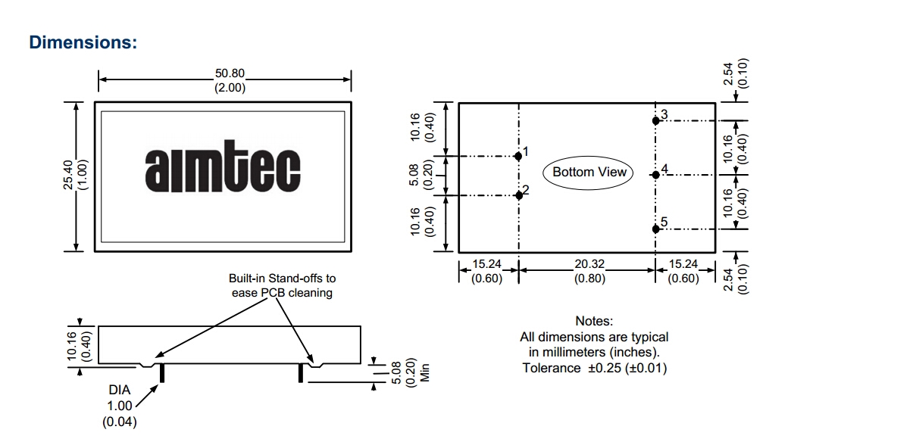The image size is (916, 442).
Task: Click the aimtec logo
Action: (222, 170)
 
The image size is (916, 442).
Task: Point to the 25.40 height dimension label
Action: (68, 175)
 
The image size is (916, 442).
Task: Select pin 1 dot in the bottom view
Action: (518, 156)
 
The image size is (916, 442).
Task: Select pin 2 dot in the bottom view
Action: (518, 195)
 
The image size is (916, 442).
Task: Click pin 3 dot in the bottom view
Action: (655, 120)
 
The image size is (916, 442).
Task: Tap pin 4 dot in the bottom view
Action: (655, 175)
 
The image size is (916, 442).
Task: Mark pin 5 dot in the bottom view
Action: (655, 229)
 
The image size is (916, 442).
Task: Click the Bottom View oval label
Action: (589, 172)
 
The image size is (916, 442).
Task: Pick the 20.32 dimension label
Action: (589, 264)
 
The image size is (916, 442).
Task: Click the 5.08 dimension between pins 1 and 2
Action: (416, 175)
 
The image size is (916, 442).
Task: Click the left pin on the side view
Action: (162, 373)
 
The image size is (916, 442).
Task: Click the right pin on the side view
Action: (301, 373)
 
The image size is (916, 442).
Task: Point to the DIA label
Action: (120, 390)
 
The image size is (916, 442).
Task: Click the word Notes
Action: (594, 322)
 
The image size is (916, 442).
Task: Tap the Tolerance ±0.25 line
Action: (594, 368)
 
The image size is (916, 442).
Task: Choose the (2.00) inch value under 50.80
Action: (230, 88)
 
